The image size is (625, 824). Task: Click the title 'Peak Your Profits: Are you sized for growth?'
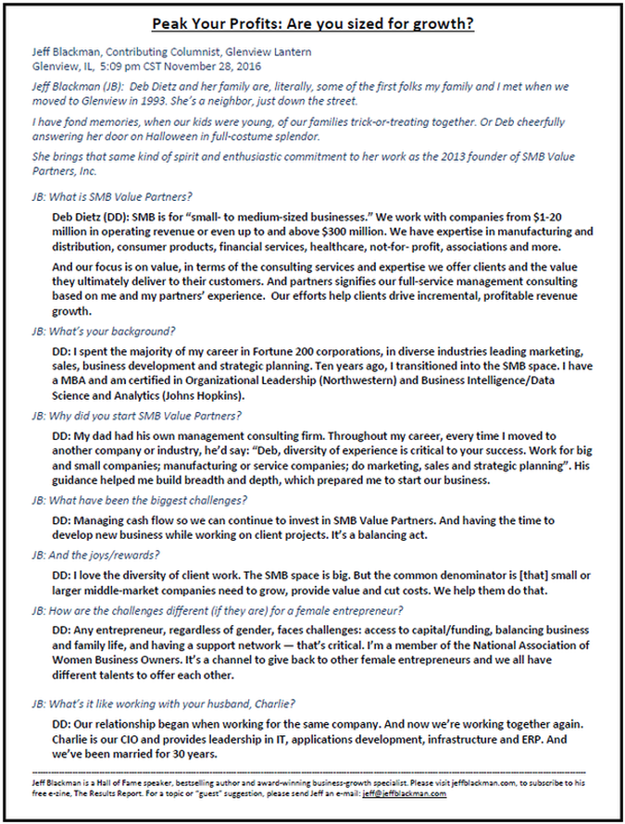point(313,24)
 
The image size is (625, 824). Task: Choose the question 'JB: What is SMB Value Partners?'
point(111,195)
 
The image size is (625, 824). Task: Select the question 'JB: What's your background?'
point(104,331)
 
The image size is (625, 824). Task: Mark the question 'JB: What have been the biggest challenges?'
point(139,499)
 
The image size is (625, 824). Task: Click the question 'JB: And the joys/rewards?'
point(95,555)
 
